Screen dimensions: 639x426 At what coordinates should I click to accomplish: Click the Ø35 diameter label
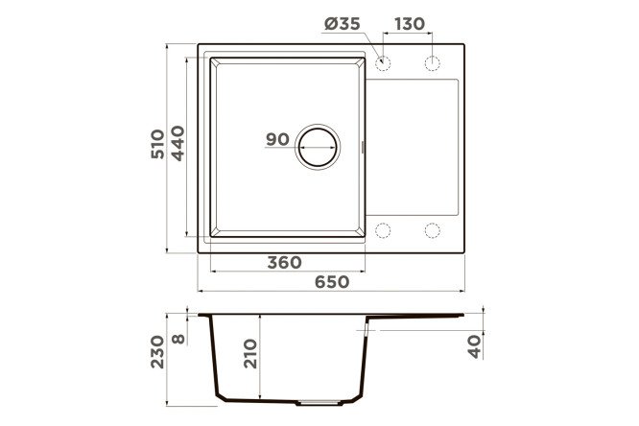[342, 24]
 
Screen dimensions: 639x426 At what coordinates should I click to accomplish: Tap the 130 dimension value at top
[409, 24]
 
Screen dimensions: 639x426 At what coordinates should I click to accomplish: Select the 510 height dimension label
[157, 144]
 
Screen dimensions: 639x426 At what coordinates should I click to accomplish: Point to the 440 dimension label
[177, 144]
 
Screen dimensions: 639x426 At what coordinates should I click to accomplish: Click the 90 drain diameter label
[277, 139]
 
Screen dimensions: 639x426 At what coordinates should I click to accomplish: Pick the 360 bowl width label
[284, 263]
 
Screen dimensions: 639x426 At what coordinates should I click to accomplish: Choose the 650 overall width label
[332, 282]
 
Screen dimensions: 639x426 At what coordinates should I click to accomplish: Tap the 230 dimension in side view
[157, 352]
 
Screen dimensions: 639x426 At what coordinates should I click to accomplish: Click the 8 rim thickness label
[178, 339]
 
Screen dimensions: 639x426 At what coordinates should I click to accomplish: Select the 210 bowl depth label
[250, 354]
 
